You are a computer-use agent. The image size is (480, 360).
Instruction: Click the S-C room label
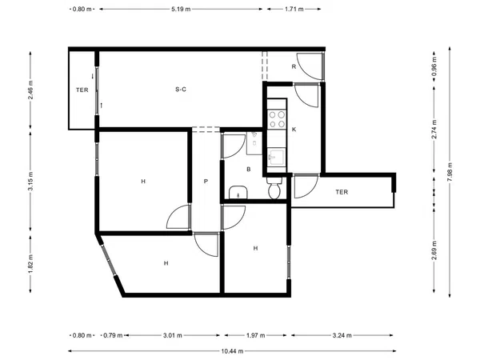pos(181,90)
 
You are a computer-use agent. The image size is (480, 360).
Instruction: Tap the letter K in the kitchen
pos(294,130)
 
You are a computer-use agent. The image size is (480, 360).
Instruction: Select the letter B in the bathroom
pos(249,170)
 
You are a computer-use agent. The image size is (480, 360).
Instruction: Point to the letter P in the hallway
pos(206,182)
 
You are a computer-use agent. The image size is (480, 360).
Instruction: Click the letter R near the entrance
pos(294,66)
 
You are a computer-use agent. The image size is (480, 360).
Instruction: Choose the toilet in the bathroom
pos(274,188)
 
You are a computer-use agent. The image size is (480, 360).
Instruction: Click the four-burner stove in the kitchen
pos(277,119)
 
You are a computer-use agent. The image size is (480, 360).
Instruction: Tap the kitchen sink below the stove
pos(276,157)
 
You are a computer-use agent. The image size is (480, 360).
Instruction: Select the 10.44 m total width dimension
pos(232,351)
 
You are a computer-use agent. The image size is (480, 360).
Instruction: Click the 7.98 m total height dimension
pos(450,172)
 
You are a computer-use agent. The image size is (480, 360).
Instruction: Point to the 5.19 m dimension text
pos(181,9)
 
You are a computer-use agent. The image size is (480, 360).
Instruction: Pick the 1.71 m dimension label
pos(294,9)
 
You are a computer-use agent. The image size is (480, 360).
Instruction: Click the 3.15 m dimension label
pos(30,181)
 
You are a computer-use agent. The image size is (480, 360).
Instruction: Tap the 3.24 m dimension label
pos(342,335)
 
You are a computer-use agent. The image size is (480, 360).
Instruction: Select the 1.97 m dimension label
pos(256,335)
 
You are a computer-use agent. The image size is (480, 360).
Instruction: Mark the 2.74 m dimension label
pos(434,130)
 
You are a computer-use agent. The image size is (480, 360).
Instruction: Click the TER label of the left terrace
pos(82,90)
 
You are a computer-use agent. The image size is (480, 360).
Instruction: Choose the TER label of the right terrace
pos(342,192)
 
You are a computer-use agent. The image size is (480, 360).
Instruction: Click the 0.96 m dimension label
pos(434,67)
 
